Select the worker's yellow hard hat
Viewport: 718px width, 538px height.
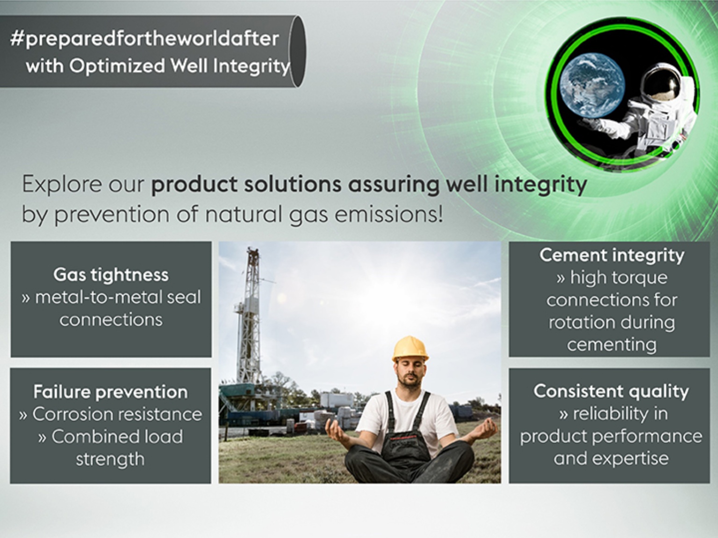click(x=410, y=349)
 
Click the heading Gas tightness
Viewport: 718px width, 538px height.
click(x=111, y=275)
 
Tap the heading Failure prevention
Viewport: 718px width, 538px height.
click(x=110, y=392)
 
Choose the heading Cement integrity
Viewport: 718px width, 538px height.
click(x=611, y=255)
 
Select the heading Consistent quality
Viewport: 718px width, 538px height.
click(x=611, y=391)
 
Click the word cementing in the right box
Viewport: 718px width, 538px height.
click(x=611, y=345)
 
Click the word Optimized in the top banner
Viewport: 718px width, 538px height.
click(x=117, y=66)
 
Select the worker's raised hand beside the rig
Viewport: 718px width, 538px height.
click(x=337, y=429)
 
